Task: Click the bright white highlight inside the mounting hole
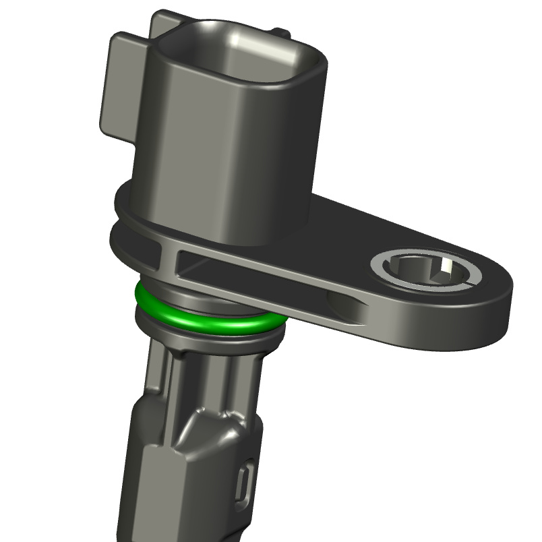(446, 271)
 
